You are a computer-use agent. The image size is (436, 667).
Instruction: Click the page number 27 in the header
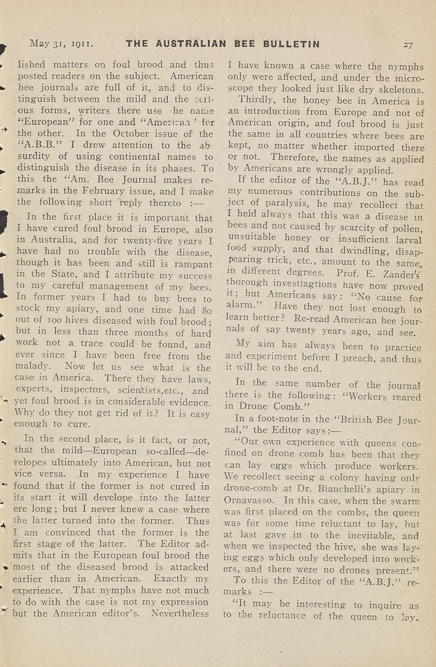[408, 45]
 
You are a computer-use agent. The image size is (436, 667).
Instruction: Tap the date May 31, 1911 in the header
[61, 44]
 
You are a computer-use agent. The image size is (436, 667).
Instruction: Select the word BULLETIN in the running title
[291, 44]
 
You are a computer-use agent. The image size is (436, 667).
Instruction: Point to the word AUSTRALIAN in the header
[191, 44]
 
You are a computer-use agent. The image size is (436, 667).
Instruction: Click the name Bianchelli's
[353, 490]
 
